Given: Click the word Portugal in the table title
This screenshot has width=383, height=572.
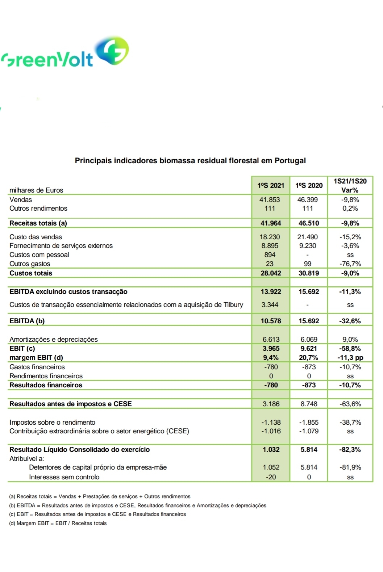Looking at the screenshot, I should [290, 160].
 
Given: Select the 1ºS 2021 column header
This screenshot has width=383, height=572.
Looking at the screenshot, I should [271, 185].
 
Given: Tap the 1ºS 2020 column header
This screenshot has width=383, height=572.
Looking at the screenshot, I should [309, 185].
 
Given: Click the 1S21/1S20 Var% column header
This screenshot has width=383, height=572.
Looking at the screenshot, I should [350, 185].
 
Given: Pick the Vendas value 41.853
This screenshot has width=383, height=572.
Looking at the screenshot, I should [270, 199].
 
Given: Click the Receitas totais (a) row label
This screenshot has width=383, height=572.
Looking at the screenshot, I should [38, 223].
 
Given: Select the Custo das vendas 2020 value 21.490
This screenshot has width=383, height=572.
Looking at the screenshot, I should [308, 237].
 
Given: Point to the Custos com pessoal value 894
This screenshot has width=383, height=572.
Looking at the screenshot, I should [270, 255].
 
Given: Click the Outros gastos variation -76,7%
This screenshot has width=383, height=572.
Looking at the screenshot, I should [350, 264].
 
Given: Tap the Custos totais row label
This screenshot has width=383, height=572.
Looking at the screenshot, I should [31, 273].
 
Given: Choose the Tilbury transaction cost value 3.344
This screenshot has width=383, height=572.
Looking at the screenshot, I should [270, 304].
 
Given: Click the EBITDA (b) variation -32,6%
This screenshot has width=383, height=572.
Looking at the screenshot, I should [350, 321].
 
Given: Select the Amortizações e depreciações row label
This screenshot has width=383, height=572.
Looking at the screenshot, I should [54, 339].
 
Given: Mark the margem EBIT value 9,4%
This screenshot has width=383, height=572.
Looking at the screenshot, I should [270, 357].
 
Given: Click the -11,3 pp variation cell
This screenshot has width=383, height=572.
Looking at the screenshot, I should [350, 357].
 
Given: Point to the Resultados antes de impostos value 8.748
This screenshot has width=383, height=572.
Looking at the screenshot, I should [309, 404].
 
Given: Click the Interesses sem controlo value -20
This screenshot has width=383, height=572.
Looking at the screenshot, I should [271, 477].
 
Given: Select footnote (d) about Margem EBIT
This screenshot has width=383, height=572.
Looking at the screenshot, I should [58, 523].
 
